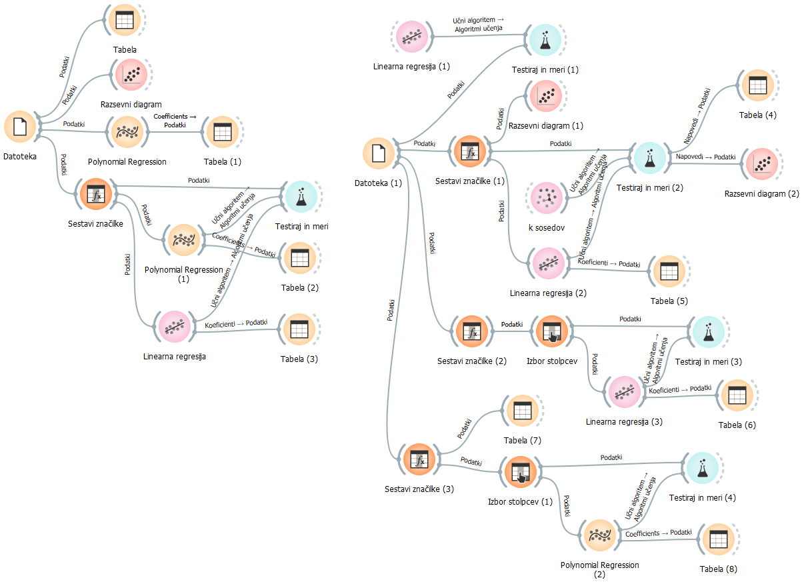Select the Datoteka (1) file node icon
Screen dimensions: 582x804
[379, 153]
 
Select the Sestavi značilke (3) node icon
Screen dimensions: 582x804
[419, 461]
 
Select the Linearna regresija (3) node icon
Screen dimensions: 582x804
[624, 393]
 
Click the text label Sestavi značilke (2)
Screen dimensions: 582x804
[472, 361]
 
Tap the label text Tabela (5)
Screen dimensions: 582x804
[669, 301]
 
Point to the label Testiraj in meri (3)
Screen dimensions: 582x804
[708, 361]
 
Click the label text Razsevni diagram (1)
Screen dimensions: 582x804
[545, 125]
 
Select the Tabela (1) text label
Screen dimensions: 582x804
[223, 161]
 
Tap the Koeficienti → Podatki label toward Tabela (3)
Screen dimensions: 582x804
[236, 323]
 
